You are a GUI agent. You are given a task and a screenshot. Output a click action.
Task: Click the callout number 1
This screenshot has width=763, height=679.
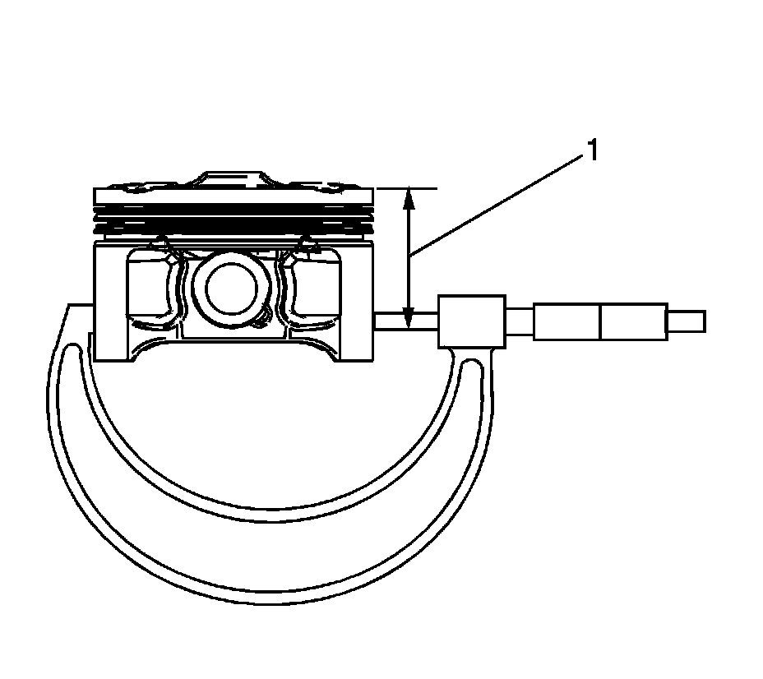591,152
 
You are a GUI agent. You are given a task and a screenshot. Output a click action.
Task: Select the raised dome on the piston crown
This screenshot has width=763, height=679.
235,178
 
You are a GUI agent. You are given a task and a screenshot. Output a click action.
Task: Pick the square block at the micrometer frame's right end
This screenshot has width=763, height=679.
472,321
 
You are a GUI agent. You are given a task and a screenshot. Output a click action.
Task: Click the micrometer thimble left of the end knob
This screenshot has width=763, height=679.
600,321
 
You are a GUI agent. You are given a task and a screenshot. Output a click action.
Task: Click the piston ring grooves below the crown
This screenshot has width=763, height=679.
234,215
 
